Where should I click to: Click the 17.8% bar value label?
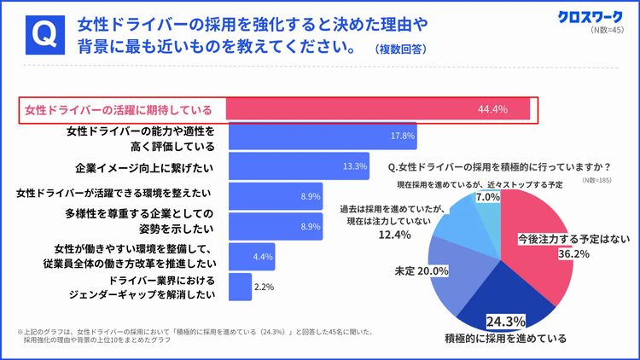pyautogui.click(x=402, y=136)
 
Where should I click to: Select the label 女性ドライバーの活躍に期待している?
pyautogui.click(x=119, y=110)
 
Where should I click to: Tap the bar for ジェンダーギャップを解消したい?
pyautogui.click(x=241, y=287)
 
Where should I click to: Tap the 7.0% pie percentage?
pyautogui.click(x=487, y=197)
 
